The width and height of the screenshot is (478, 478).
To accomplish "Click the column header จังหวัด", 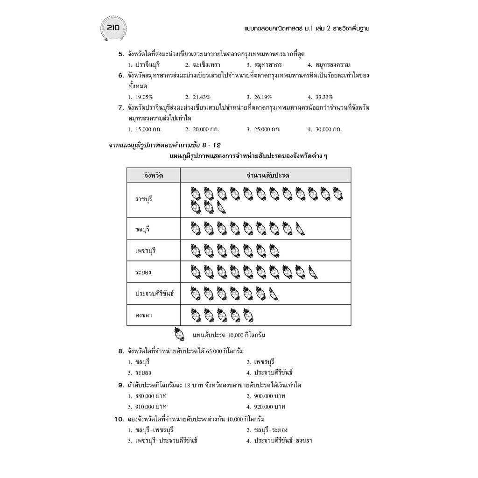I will click(x=154, y=176).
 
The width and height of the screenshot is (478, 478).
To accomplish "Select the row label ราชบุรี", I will click(x=144, y=199).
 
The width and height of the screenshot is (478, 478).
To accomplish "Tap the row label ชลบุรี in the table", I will click(x=142, y=229).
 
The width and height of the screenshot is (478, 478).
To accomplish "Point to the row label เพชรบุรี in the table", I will click(x=145, y=251).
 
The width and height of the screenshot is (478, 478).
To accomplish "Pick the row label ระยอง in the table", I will click(x=143, y=272).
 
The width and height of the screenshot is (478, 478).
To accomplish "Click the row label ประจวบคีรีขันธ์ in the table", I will click(x=154, y=294).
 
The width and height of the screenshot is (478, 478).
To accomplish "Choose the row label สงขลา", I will click(x=143, y=316).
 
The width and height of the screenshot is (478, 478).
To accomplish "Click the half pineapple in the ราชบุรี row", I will click(x=222, y=206).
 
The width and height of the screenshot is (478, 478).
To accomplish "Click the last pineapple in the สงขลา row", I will click(x=248, y=316).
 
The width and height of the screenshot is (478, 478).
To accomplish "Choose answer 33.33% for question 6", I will click(x=320, y=97).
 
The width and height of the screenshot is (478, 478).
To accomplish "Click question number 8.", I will click(x=120, y=351).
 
